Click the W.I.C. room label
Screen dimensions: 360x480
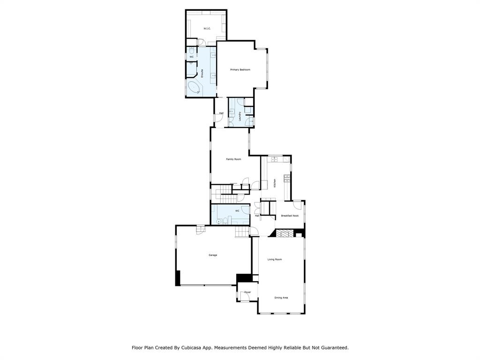(x=207, y=29)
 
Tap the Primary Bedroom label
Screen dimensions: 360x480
(x=240, y=70)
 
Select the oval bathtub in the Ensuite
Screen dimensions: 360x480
(x=194, y=88)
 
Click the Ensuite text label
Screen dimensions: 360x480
(x=202, y=73)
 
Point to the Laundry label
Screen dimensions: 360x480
(x=240, y=115)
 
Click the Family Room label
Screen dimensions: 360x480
(x=233, y=159)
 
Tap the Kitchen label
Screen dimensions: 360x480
(x=275, y=183)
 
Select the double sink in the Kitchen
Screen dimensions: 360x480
(x=274, y=160)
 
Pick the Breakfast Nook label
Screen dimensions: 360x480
(x=290, y=216)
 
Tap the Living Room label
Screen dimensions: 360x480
(x=275, y=259)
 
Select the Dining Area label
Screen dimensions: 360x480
(x=281, y=298)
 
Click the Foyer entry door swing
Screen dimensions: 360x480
(x=245, y=295)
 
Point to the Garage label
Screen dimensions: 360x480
(x=213, y=255)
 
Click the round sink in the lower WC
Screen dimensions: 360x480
(x=218, y=221)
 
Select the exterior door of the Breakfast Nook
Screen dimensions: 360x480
(x=297, y=204)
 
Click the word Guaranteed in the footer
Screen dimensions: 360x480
(x=333, y=348)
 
